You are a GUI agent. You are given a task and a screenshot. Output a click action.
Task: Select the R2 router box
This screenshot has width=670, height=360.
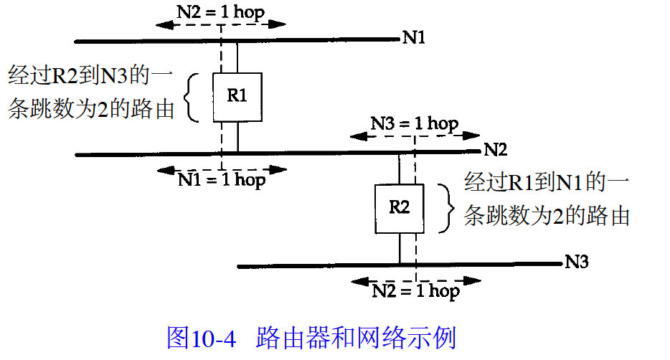399,207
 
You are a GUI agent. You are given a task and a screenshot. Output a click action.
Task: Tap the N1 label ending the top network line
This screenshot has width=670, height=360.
414,38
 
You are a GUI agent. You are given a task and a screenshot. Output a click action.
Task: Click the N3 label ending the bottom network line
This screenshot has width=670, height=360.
577,262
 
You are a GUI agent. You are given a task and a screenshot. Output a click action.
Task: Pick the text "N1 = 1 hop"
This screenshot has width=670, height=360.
222,179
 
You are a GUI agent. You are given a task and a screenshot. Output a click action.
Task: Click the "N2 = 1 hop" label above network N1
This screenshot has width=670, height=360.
222,9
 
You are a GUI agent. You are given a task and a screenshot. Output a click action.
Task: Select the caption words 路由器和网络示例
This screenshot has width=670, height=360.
356,336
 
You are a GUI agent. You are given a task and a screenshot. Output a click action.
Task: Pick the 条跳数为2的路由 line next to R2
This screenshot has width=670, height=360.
547,216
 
